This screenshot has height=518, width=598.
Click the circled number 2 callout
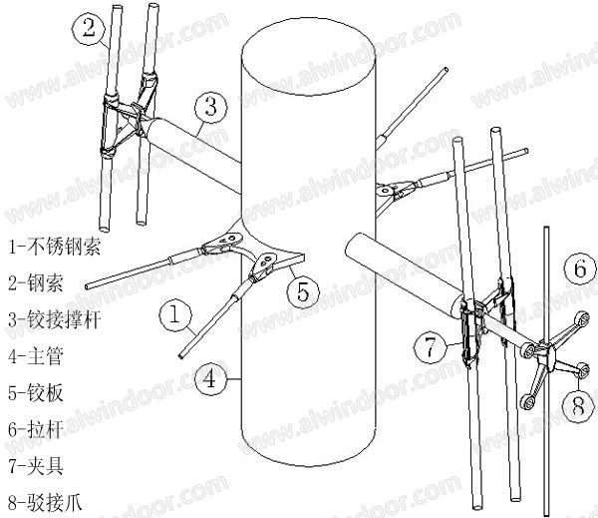(x=89, y=28)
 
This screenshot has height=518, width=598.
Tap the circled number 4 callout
(x=209, y=378)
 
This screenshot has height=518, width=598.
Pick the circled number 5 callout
(x=304, y=291)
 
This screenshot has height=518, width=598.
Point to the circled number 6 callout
(x=576, y=267)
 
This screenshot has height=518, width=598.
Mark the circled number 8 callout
(x=578, y=404)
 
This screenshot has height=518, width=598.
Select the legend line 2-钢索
(x=35, y=282)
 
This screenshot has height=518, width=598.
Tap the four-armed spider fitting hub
(x=545, y=353)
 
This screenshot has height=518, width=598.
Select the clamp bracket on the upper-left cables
(x=125, y=125)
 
